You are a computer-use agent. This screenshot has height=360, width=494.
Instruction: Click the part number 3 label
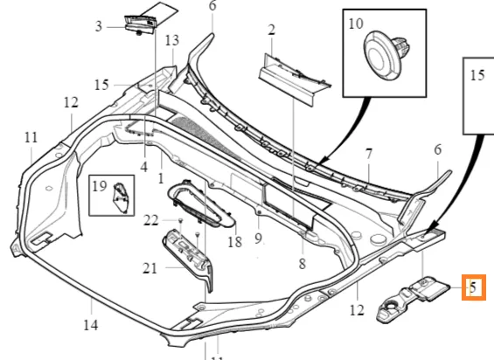pyautogui.click(x=99, y=26)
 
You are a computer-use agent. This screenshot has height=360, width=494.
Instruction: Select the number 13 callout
pyautogui.click(x=172, y=40)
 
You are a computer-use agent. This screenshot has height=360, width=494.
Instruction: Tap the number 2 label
pyautogui.click(x=271, y=30)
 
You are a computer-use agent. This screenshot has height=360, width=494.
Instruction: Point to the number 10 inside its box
pyautogui.click(x=356, y=24)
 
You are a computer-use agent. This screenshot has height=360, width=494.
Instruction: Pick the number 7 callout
pyautogui.click(x=369, y=154)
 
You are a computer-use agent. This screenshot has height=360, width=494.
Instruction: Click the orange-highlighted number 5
pyautogui.click(x=473, y=287)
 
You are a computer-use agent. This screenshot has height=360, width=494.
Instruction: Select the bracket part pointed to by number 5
pyautogui.click(x=413, y=299)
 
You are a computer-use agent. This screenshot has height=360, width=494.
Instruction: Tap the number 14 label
pyautogui.click(x=91, y=325)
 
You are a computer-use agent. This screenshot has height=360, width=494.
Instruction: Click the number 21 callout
pyautogui.click(x=150, y=268)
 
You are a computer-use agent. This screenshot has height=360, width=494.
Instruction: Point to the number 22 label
pyautogui.click(x=150, y=220)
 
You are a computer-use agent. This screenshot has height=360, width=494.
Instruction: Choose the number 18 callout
pyautogui.click(x=234, y=242)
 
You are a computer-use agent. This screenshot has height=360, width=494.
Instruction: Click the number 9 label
pyautogui.click(x=258, y=239)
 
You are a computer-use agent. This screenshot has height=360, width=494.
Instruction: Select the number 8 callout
pyautogui.click(x=303, y=264)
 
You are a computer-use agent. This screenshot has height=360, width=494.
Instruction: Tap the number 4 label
pyautogui.click(x=143, y=167)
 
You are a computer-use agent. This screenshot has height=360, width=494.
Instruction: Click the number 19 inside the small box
pyautogui.click(x=100, y=186)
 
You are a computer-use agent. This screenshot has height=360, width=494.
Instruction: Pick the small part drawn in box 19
pyautogui.click(x=121, y=197)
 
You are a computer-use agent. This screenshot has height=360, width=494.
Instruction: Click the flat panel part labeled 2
pyautogui.click(x=295, y=80)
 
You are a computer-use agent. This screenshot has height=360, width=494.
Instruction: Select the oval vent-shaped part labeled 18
pyautogui.click(x=201, y=203)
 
